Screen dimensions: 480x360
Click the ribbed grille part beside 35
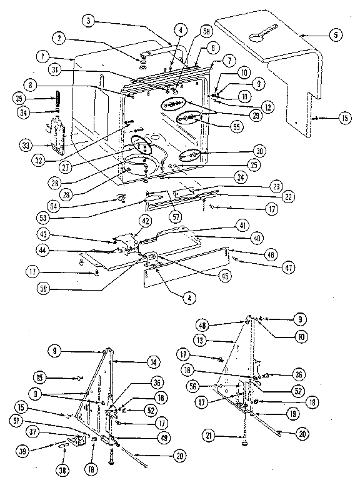point(54,98)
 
